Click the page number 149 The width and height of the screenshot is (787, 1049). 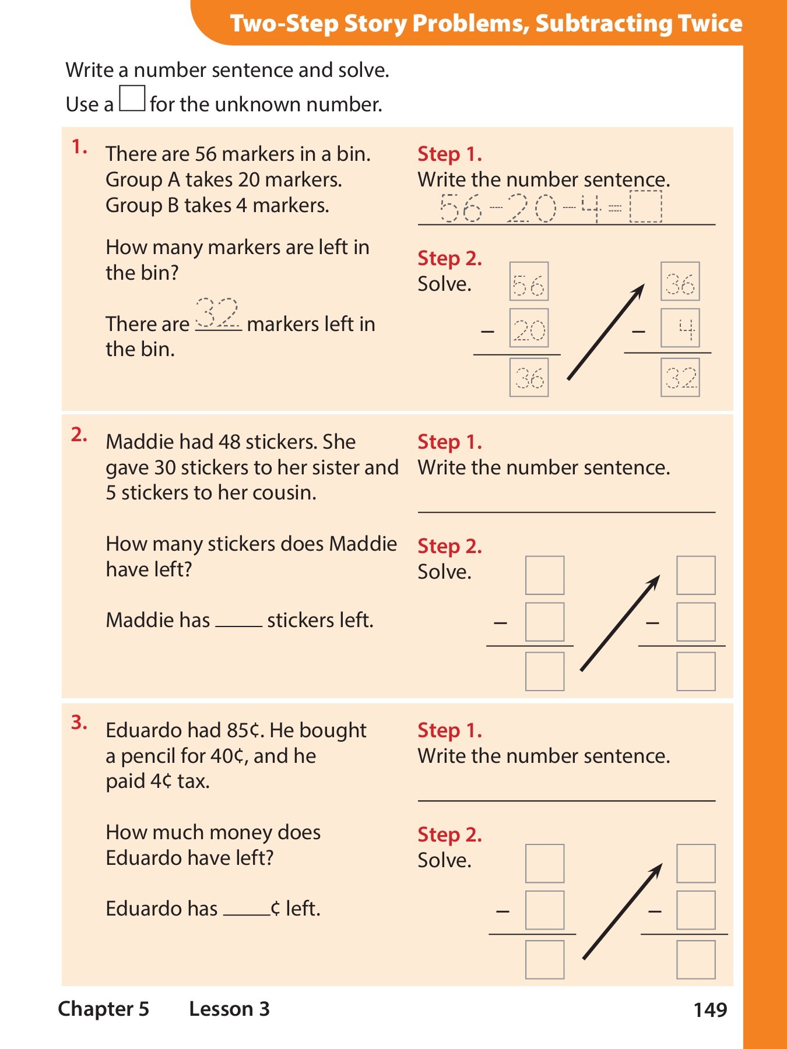pyautogui.click(x=710, y=1009)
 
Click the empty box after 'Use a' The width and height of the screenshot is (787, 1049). pyautogui.click(x=132, y=98)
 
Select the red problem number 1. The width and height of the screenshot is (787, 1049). pyautogui.click(x=79, y=147)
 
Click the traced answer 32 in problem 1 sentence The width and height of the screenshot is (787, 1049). pyautogui.click(x=217, y=314)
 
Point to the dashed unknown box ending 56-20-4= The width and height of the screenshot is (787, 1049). pyautogui.click(x=646, y=207)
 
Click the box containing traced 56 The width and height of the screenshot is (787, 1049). pyautogui.click(x=529, y=281)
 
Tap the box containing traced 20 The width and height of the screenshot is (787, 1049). pyautogui.click(x=529, y=328)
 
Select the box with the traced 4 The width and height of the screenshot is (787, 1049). pyautogui.click(x=680, y=328)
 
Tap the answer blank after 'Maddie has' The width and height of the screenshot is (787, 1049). pyautogui.click(x=239, y=621)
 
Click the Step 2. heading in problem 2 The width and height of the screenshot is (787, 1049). pyautogui.click(x=449, y=546)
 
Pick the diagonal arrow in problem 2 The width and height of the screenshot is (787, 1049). pyautogui.click(x=620, y=624)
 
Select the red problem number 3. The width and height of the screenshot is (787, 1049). pyautogui.click(x=79, y=723)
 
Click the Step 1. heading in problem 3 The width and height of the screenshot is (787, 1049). pyautogui.click(x=449, y=730)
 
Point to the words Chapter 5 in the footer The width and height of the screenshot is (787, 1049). pyautogui.click(x=104, y=1009)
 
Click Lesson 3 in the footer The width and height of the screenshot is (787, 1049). pyautogui.click(x=230, y=1009)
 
